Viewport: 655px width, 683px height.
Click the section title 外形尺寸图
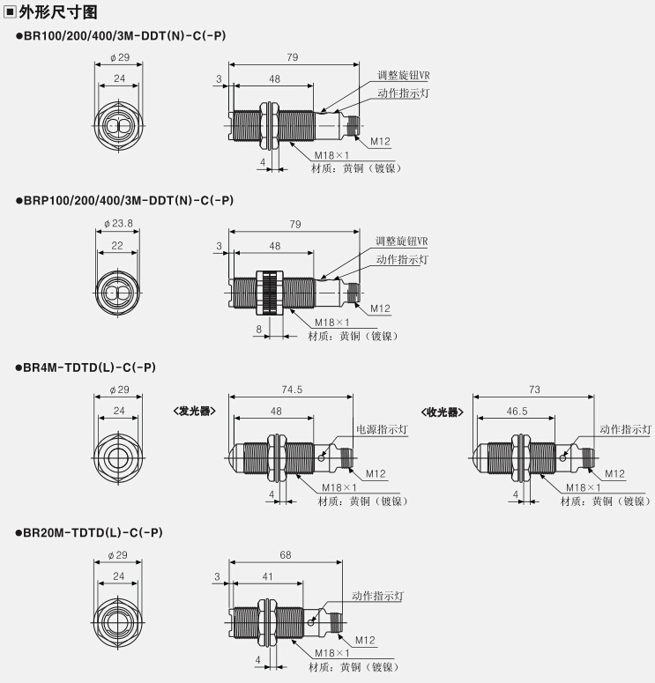click(x=58, y=12)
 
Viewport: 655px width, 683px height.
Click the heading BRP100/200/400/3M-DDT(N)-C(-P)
click(x=129, y=200)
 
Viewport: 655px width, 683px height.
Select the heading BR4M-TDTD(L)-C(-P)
click(x=89, y=367)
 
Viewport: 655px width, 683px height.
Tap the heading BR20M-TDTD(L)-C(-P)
click(x=93, y=532)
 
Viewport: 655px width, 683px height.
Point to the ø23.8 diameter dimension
click(x=118, y=224)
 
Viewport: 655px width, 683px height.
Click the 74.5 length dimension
click(x=292, y=390)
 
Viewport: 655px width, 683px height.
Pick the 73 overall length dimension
click(x=534, y=390)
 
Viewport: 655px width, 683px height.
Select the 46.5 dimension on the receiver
click(x=517, y=412)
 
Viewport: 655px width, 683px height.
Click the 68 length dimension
click(x=286, y=555)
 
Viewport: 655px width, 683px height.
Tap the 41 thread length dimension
click(x=268, y=576)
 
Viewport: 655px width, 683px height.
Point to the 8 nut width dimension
click(x=259, y=330)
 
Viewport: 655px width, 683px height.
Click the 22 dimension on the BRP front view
click(x=117, y=246)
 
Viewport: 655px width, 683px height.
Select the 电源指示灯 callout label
click(x=383, y=429)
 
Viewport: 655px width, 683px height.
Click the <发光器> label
click(x=194, y=412)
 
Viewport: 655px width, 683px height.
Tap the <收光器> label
click(x=442, y=412)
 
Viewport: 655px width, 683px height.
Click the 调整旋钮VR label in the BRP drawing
click(x=402, y=241)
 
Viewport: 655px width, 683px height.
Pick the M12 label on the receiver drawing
click(x=614, y=473)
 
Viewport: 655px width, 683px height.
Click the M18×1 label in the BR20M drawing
click(x=332, y=653)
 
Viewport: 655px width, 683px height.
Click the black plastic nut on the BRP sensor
click(x=270, y=293)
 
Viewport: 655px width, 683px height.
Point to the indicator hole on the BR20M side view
click(x=310, y=622)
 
